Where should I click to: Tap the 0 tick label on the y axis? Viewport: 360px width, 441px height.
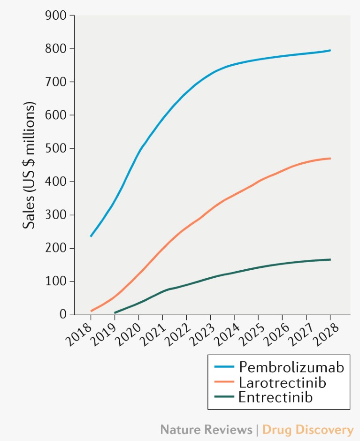63,314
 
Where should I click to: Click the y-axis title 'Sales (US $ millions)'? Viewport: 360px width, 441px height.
29,165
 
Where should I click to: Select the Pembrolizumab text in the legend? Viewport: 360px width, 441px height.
291,366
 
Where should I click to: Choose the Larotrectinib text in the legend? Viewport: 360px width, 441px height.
282,382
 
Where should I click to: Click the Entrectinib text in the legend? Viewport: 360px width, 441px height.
276,397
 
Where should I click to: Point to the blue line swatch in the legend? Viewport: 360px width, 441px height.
224,367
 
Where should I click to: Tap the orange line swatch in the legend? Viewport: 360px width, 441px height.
224,382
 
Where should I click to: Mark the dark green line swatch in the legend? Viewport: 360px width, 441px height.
224,397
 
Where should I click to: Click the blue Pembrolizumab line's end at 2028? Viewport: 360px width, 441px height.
330,50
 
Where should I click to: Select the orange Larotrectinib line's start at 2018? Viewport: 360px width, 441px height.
91,311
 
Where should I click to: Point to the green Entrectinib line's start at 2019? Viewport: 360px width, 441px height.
115,312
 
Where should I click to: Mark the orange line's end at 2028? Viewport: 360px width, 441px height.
330,159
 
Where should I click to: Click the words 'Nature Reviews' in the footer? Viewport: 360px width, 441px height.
206,429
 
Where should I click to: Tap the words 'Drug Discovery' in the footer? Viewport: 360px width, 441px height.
307,429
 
